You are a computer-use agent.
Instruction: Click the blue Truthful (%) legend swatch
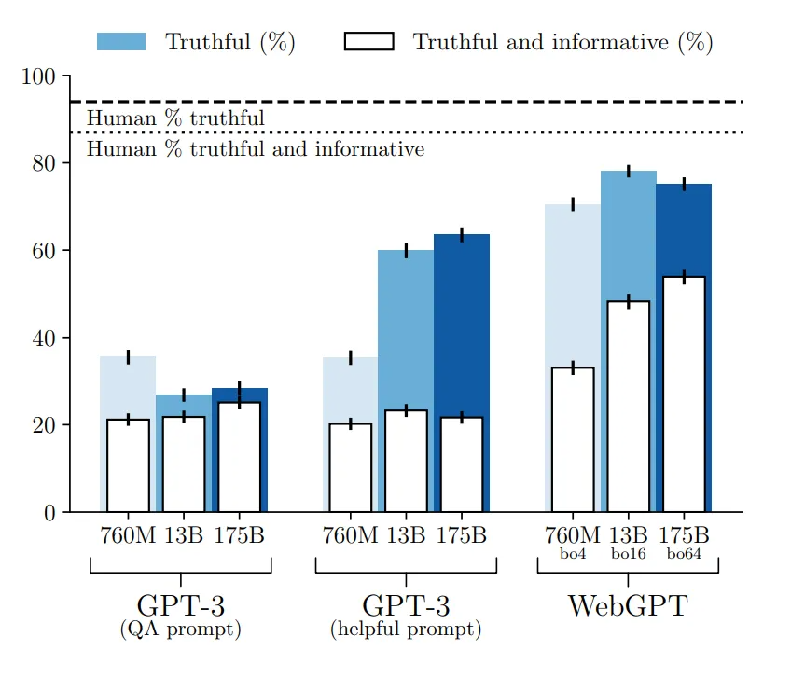(121, 42)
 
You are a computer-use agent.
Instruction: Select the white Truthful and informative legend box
(368, 42)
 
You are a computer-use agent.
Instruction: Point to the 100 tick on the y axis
(39, 76)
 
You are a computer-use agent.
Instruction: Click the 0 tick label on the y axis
(49, 513)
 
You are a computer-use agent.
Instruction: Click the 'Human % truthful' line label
(175, 118)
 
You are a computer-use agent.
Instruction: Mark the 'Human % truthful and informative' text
(256, 149)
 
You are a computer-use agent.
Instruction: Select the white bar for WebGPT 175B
(683, 394)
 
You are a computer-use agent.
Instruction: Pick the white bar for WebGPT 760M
(573, 439)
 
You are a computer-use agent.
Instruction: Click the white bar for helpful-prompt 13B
(406, 461)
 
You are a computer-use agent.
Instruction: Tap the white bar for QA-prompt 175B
(240, 457)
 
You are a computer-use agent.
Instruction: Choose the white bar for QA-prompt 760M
(128, 465)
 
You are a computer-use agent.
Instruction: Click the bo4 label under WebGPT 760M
(572, 554)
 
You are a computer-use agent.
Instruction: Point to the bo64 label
(684, 554)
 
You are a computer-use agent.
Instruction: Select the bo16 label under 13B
(628, 554)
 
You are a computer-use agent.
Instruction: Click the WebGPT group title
(627, 606)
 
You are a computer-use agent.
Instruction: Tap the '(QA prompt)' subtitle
(181, 630)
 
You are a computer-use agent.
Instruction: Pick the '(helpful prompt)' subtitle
(406, 630)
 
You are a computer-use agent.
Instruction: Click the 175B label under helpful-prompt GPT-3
(462, 536)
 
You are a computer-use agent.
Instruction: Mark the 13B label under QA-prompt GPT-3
(184, 536)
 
